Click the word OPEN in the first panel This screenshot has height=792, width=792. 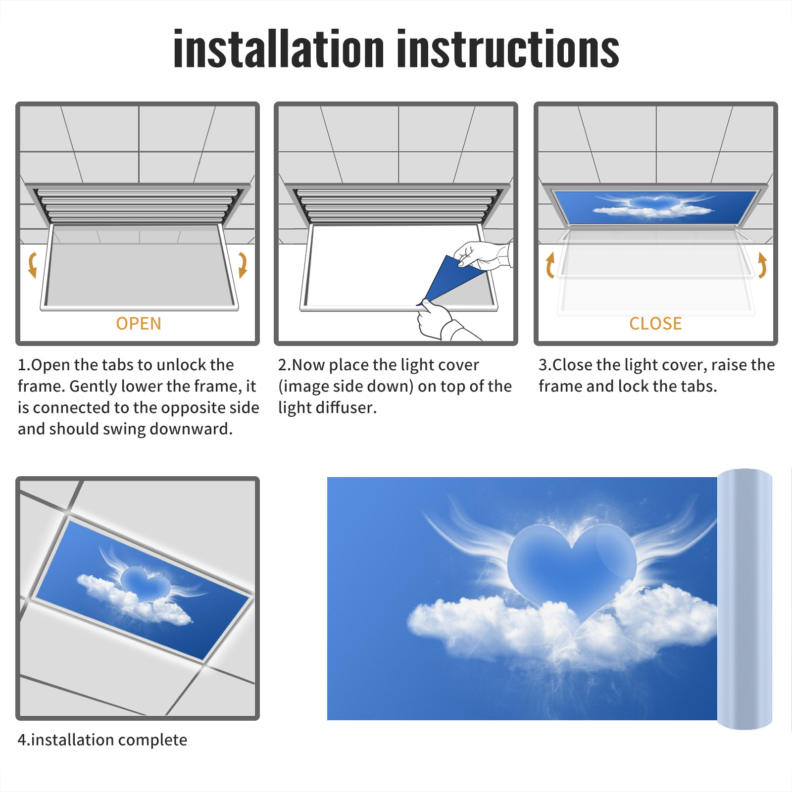139,323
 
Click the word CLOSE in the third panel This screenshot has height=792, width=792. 655,323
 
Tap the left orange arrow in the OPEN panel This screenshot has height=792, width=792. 33,265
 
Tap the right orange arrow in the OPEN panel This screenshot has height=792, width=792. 243,265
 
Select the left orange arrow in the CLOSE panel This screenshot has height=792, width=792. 549,265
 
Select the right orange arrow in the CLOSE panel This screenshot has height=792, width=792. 762,265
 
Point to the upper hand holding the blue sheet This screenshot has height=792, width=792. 483,255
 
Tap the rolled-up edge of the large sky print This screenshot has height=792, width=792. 744,599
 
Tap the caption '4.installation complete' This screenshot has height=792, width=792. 102,740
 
